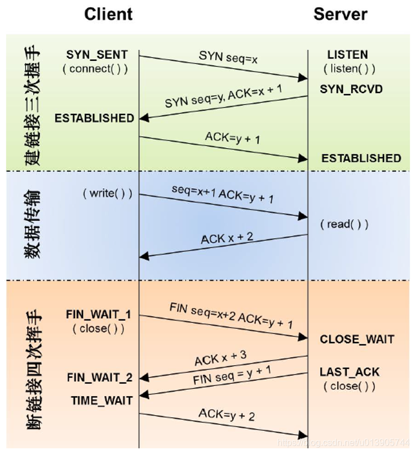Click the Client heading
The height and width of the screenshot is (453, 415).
[x=108, y=15]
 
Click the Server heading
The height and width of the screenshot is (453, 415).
[x=340, y=15]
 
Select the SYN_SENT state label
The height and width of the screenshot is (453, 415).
[x=97, y=55]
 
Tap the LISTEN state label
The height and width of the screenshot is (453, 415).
[x=347, y=55]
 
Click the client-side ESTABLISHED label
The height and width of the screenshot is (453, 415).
[x=94, y=118]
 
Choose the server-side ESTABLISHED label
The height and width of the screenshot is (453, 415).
[x=361, y=159]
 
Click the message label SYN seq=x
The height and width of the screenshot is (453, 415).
[x=228, y=57]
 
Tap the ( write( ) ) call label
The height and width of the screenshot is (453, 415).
[x=107, y=193]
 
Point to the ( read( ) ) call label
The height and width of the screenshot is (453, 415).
[x=345, y=224]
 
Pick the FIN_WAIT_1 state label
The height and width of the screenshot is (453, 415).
[x=99, y=315]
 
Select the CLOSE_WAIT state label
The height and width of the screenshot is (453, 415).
[x=357, y=339]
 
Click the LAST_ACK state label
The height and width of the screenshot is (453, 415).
[x=350, y=372]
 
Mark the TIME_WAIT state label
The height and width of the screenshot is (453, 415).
[x=101, y=401]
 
